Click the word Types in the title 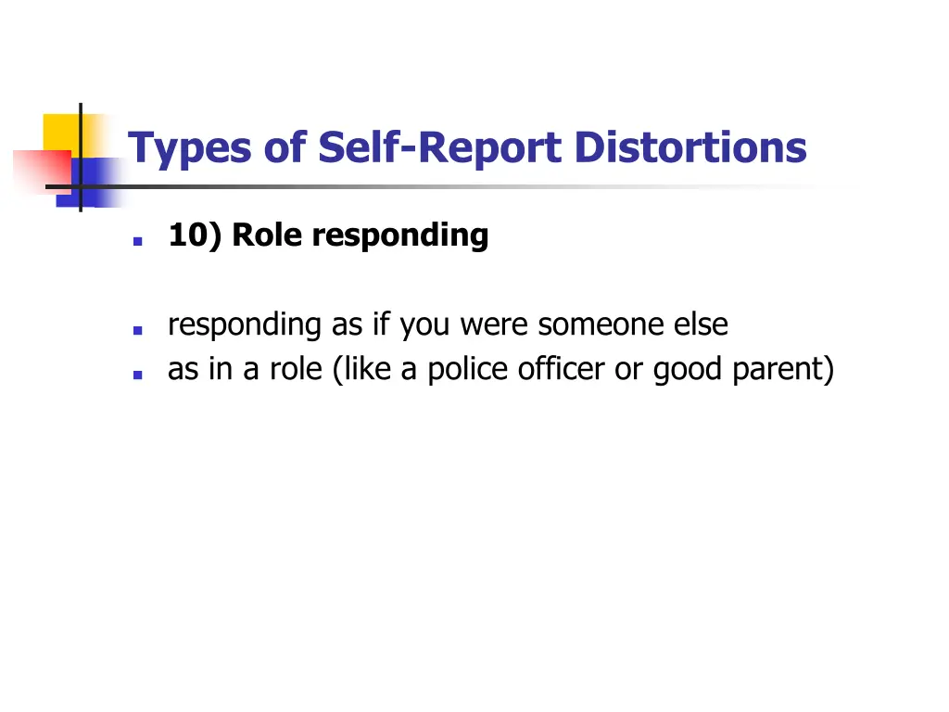pyautogui.click(x=188, y=149)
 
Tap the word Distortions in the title pyautogui.click(x=690, y=148)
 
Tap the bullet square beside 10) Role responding pyautogui.click(x=137, y=239)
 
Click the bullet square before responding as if pyautogui.click(x=137, y=329)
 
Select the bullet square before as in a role pyautogui.click(x=137, y=374)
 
